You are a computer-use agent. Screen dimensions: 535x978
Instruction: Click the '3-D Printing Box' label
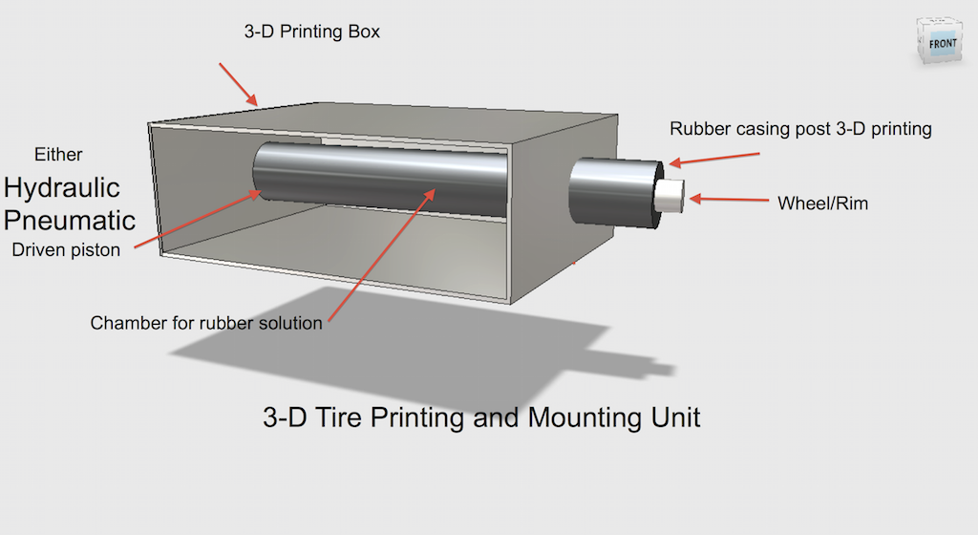click(x=312, y=32)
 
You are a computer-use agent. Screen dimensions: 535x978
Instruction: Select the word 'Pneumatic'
click(x=70, y=219)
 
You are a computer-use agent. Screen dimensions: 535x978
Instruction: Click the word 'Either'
click(x=58, y=154)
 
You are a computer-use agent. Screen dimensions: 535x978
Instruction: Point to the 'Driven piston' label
click(x=66, y=250)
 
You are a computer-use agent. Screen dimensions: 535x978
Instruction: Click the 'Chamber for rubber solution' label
click(x=206, y=323)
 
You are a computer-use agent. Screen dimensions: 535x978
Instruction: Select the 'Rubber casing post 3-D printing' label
click(x=800, y=128)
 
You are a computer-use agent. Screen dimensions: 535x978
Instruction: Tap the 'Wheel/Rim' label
click(x=823, y=203)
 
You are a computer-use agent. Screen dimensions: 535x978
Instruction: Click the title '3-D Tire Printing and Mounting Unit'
click(x=481, y=417)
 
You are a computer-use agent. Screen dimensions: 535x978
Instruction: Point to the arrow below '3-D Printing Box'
click(x=239, y=83)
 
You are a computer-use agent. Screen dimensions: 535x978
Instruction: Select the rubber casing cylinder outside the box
click(x=611, y=191)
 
